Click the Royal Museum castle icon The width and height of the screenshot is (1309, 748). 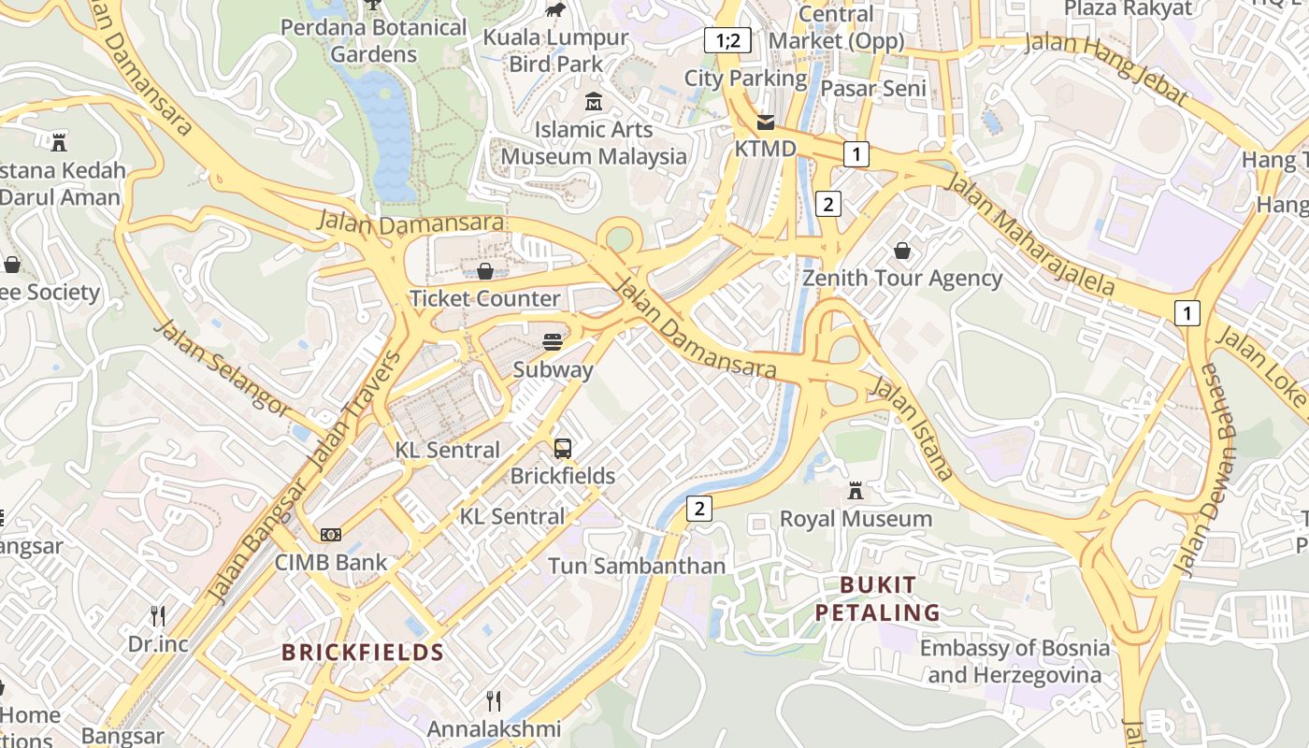[855, 490]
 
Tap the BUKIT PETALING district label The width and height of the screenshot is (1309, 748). [877, 599]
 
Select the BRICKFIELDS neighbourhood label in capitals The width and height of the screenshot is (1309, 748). [363, 652]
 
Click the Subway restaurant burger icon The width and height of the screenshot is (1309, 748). [553, 341]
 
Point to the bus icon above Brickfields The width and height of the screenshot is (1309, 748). [562, 449]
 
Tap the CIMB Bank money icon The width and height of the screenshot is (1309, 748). [331, 535]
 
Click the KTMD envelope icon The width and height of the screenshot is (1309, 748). [766, 122]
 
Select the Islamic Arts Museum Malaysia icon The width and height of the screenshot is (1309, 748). [594, 101]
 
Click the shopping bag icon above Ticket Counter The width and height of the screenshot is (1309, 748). [485, 271]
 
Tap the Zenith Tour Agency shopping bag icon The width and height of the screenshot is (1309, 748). [902, 250]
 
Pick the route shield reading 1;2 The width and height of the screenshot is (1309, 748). [727, 40]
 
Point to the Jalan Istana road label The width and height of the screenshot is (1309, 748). [912, 429]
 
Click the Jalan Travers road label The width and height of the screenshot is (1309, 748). [353, 409]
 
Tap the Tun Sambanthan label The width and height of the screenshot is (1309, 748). [636, 566]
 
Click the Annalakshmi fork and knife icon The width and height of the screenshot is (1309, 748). [494, 700]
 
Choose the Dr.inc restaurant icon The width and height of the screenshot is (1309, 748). [158, 616]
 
